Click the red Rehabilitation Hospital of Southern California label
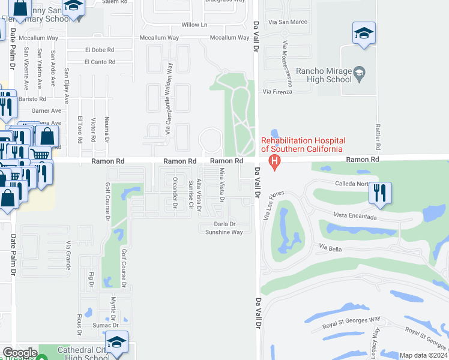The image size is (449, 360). click(x=302, y=145)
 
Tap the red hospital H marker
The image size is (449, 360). click(x=275, y=161)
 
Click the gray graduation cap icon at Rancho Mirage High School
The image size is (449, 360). click(x=359, y=73)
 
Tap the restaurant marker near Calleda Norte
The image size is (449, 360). click(x=380, y=193)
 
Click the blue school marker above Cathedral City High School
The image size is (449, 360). click(x=116, y=342)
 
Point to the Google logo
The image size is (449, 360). click(x=19, y=353)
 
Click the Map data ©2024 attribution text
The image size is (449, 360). click(x=423, y=355)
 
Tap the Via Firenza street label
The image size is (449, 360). click(x=277, y=91)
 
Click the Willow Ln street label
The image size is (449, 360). click(x=194, y=25)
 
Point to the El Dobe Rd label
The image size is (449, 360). click(x=100, y=50)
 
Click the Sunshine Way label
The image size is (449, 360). click(x=221, y=232)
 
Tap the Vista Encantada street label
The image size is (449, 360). click(x=356, y=216)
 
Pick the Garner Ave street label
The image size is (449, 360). click(x=47, y=111)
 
